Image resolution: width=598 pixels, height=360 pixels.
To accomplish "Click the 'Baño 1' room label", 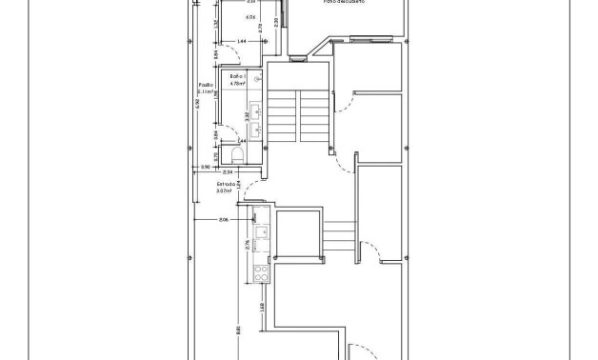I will (x=237, y=75).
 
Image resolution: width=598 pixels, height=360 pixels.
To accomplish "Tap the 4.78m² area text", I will (x=237, y=83).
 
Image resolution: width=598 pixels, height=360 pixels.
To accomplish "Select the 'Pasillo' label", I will (x=205, y=85).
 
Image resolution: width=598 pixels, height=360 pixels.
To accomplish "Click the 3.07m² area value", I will (x=225, y=190).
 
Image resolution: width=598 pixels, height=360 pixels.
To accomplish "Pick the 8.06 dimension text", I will (x=224, y=220).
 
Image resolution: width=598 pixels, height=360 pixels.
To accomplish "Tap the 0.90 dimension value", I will (x=205, y=168).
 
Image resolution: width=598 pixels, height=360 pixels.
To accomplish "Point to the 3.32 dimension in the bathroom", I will (x=247, y=116).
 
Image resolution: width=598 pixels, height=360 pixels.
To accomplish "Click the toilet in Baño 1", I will (x=236, y=155).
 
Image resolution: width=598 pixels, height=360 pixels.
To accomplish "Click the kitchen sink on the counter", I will (x=261, y=231).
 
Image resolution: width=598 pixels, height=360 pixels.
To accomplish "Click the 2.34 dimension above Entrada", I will (x=229, y=171).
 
